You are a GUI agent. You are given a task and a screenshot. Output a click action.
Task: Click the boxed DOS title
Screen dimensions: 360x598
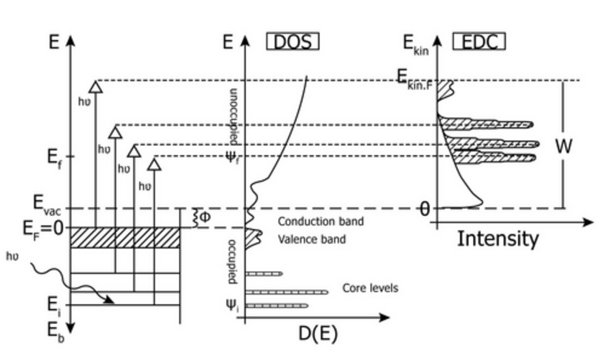point(293,42)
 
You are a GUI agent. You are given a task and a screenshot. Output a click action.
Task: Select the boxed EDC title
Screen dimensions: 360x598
point(478,42)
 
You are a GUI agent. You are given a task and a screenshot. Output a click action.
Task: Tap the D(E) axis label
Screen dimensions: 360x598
point(318,334)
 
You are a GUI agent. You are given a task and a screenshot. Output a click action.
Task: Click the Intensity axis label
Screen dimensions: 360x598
point(498,239)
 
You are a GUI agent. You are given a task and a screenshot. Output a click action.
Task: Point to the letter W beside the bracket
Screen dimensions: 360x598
point(563,146)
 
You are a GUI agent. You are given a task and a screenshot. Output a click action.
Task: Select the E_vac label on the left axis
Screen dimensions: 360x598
point(46,204)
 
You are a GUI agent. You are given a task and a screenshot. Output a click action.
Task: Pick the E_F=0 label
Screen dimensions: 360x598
point(43,229)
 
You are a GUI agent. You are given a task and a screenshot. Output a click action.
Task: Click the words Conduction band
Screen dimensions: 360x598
point(320,221)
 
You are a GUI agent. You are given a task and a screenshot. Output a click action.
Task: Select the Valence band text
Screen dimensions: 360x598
point(311,239)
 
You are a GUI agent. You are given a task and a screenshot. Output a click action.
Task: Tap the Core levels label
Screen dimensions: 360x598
point(370,288)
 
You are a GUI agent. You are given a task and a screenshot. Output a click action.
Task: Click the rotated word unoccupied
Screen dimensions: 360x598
point(233,116)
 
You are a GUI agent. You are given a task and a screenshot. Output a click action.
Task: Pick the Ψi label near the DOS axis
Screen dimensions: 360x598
point(231,306)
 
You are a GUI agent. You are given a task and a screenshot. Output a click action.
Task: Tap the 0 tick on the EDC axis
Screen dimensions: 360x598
point(424,209)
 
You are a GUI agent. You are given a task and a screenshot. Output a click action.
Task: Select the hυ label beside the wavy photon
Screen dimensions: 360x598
point(12,256)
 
